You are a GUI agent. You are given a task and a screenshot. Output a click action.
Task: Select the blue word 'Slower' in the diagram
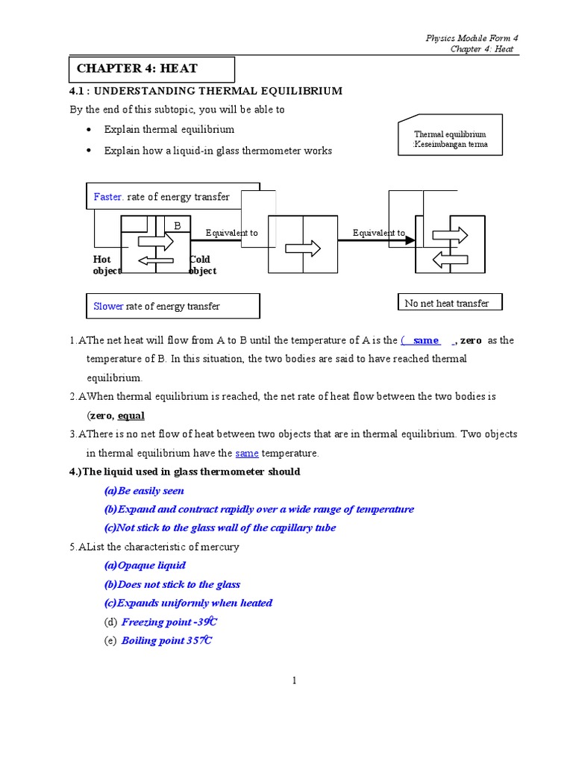pyautogui.click(x=108, y=306)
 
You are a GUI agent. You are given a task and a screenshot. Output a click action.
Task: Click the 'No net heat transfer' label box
pyautogui.click(x=448, y=303)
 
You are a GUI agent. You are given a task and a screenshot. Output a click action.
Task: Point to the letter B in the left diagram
pyautogui.click(x=178, y=225)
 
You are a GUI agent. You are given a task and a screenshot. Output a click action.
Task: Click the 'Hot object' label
pyautogui.click(x=105, y=265)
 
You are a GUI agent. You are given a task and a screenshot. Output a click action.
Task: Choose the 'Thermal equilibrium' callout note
pyautogui.click(x=450, y=140)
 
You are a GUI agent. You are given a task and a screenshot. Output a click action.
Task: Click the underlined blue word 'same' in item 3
pyautogui.click(x=246, y=453)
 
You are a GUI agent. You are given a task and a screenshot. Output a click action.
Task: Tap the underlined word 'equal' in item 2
pyautogui.click(x=131, y=416)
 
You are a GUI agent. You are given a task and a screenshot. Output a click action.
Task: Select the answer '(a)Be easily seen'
pyautogui.click(x=144, y=491)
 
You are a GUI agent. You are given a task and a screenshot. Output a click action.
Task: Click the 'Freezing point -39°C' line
pyautogui.click(x=169, y=621)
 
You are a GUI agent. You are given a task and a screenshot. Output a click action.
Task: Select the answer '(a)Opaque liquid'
pyautogui.click(x=145, y=566)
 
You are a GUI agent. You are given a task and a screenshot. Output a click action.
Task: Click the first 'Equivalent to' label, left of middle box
pyautogui.click(x=232, y=233)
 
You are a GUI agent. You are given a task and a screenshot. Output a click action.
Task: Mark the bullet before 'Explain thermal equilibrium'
pyautogui.click(x=89, y=129)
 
